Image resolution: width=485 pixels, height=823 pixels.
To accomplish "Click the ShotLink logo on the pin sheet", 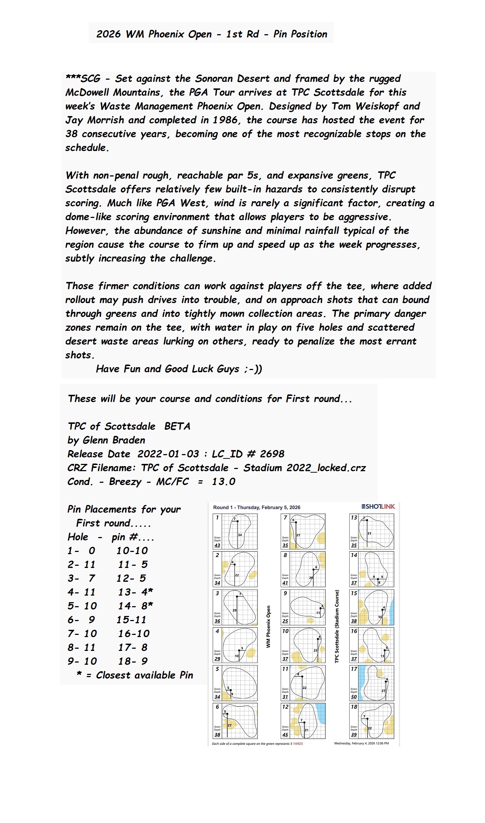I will point(378,506).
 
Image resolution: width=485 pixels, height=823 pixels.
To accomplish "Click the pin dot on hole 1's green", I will point(237,521).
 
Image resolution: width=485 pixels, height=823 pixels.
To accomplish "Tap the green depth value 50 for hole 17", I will point(354,697).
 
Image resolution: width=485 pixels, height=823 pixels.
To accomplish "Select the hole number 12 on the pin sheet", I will point(285,707).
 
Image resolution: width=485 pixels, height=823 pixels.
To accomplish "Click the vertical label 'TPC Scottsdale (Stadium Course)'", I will point(337,626).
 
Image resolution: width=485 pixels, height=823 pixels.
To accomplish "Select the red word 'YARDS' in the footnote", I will point(298,743).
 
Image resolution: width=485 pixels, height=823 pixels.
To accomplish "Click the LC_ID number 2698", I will point(272,454).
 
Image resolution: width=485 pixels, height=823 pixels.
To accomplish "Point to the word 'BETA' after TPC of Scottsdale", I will point(177,426).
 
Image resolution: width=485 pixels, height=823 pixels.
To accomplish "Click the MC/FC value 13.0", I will point(224,482).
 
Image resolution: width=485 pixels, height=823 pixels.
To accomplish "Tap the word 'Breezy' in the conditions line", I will point(125,482).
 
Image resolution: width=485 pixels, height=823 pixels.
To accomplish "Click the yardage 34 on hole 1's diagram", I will point(240,535).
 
